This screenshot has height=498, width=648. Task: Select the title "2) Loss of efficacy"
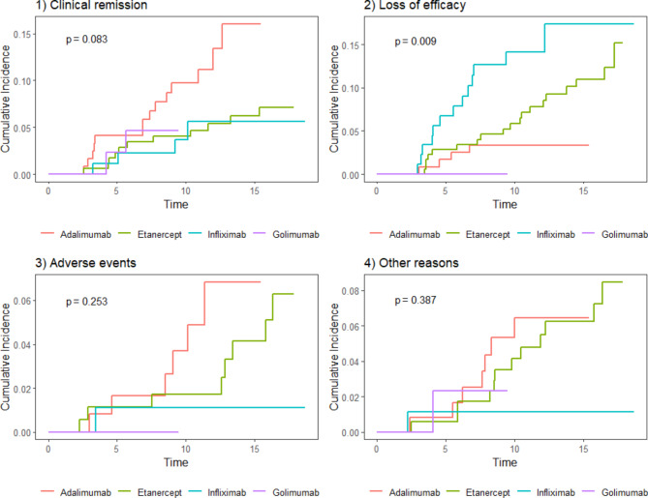389,8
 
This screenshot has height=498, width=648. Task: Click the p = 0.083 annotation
88,40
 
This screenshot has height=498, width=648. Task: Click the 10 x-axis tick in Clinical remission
185,191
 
